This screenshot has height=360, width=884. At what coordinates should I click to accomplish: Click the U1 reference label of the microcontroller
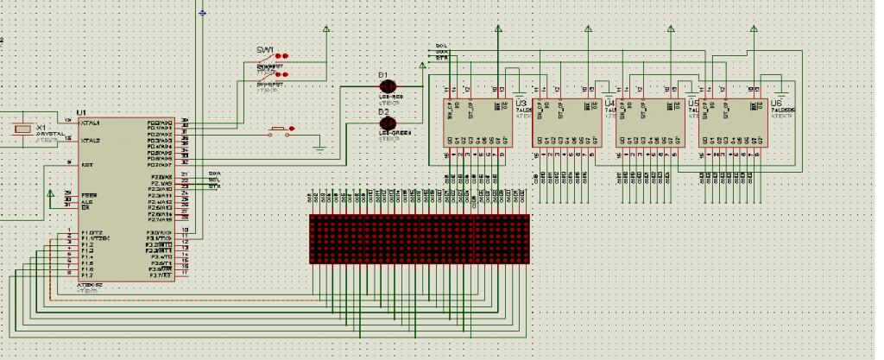(82, 112)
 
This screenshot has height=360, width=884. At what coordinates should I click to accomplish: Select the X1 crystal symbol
(23, 130)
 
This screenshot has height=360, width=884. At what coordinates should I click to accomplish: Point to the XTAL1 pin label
(91, 123)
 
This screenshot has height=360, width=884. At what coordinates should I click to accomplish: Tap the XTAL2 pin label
(91, 140)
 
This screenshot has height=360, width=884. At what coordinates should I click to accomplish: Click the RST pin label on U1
(85, 164)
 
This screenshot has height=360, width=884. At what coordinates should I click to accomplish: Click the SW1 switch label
(265, 49)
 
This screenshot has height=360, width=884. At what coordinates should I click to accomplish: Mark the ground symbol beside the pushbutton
(320, 150)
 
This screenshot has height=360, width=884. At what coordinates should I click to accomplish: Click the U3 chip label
(520, 103)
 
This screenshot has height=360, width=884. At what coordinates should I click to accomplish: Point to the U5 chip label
(692, 103)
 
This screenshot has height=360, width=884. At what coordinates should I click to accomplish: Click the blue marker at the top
(203, 12)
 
